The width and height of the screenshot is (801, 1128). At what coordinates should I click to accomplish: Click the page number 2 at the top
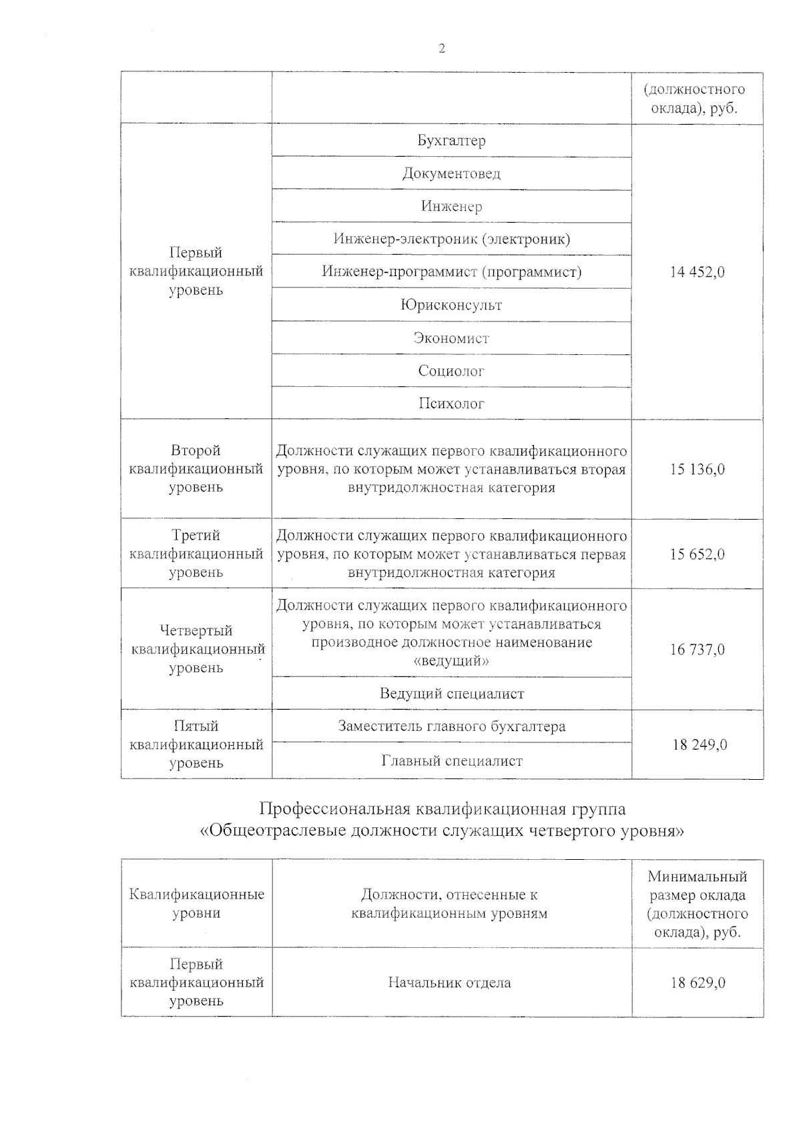441,49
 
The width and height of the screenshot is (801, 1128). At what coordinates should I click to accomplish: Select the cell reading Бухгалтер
451,141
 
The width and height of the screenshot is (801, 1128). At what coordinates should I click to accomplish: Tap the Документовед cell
451,173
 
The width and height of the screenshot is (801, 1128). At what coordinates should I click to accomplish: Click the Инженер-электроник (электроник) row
451,239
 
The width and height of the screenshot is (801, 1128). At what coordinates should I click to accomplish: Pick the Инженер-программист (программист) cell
451,271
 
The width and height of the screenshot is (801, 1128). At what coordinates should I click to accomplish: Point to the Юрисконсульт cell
451,305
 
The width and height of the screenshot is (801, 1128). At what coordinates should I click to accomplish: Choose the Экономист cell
451,338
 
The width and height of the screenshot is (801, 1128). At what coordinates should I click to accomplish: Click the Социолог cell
451,370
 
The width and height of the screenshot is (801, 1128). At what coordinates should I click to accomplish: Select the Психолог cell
451,403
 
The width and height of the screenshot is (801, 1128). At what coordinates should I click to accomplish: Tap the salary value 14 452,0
697,271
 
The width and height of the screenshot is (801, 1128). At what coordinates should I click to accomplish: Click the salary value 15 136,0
697,469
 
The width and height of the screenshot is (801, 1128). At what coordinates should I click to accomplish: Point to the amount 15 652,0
697,554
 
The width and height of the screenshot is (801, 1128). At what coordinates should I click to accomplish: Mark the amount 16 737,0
697,649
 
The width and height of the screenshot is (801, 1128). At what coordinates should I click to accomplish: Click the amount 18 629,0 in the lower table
698,983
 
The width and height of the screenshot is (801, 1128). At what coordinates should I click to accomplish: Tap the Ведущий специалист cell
451,694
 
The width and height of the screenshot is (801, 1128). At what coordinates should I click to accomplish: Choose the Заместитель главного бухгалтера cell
451,726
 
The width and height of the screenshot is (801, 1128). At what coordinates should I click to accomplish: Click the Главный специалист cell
451,760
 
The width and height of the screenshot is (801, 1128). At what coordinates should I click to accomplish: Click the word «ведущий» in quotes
451,661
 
